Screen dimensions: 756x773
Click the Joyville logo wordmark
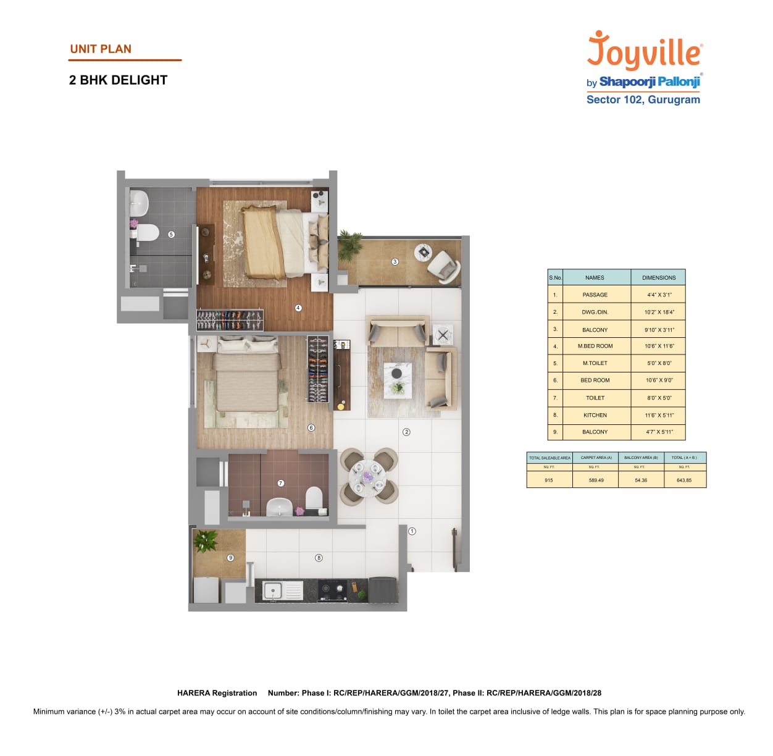(x=644, y=51)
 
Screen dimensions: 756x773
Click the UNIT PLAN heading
(x=101, y=49)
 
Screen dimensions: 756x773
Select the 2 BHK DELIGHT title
(x=118, y=80)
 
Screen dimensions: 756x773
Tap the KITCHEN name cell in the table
(x=595, y=415)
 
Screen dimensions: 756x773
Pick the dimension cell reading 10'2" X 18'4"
(x=659, y=312)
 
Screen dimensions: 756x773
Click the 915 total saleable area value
(x=549, y=480)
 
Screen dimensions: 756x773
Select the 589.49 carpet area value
(x=596, y=480)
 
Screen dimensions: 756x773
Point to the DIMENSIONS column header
(x=659, y=277)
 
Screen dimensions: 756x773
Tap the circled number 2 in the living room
(x=406, y=432)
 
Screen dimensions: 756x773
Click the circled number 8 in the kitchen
(x=319, y=558)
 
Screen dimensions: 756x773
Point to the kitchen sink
(x=273, y=590)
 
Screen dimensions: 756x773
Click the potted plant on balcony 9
(x=206, y=542)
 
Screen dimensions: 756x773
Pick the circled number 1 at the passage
(x=412, y=531)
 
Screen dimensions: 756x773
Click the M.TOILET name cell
(x=595, y=363)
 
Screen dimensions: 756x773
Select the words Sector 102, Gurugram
(x=643, y=100)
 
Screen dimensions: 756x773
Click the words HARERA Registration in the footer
(x=217, y=693)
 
